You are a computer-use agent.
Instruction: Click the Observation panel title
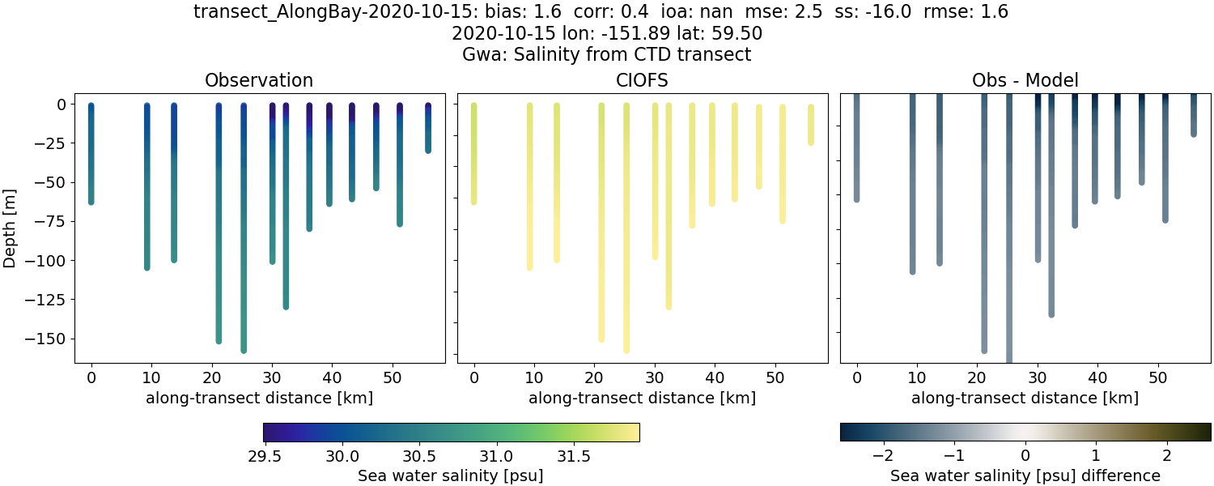click(x=258, y=81)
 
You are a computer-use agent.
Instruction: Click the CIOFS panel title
click(x=642, y=81)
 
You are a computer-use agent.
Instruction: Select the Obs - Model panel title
click(x=1025, y=81)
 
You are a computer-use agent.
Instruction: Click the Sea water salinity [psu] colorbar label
click(x=450, y=476)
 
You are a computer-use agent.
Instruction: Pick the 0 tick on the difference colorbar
click(x=1025, y=452)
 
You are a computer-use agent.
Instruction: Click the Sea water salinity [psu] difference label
click(x=1025, y=476)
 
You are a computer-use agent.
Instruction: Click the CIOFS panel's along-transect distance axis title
click(x=642, y=399)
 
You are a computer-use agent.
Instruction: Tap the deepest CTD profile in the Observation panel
click(x=244, y=243)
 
